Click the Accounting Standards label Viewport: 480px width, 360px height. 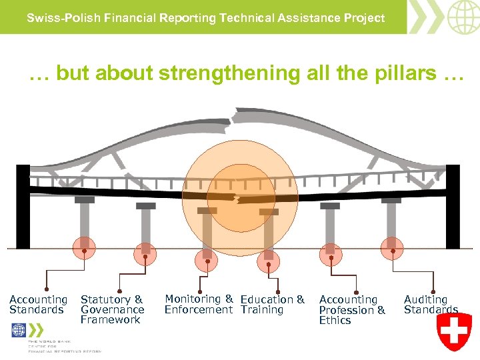point(38,305)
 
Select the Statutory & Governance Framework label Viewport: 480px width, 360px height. point(112,309)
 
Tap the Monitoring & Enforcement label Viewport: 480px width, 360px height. point(199,304)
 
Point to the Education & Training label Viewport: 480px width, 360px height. point(272,305)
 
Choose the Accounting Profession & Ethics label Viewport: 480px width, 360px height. point(352,310)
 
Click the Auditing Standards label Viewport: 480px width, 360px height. point(431,305)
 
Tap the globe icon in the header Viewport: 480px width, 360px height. point(463,17)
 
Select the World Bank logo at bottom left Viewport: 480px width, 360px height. point(19,331)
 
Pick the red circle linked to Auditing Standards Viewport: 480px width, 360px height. point(393,249)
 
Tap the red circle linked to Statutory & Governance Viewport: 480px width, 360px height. point(144,253)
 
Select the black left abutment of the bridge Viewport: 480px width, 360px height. point(23,207)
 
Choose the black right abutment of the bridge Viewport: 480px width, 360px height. point(453,207)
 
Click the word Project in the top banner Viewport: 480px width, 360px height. point(366,18)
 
